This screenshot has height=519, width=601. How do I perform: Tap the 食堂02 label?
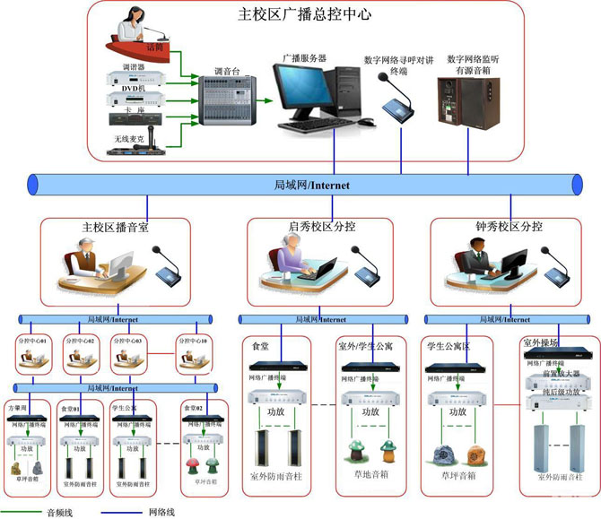(195, 408)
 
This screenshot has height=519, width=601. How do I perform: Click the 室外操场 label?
(541, 343)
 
